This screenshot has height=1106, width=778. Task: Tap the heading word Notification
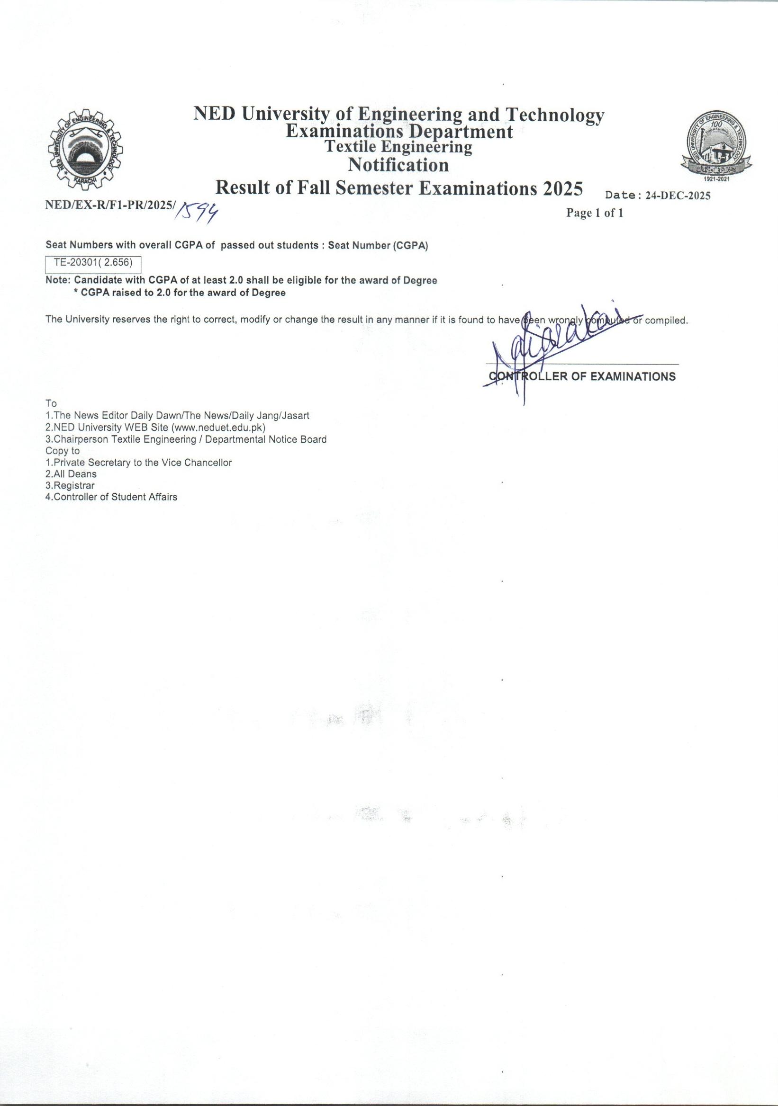pos(398,165)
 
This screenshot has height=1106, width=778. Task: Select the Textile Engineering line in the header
pos(398,146)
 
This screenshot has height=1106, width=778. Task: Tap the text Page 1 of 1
pos(594,213)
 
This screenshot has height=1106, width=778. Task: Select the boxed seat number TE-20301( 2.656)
pos(93,264)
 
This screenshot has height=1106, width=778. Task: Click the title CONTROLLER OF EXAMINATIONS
pos(582,377)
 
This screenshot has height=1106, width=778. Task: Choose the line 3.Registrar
pos(70,486)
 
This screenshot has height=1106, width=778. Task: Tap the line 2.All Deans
pos(71,474)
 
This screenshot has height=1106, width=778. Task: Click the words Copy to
pos(63,451)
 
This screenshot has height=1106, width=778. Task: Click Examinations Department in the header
pos(399,132)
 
